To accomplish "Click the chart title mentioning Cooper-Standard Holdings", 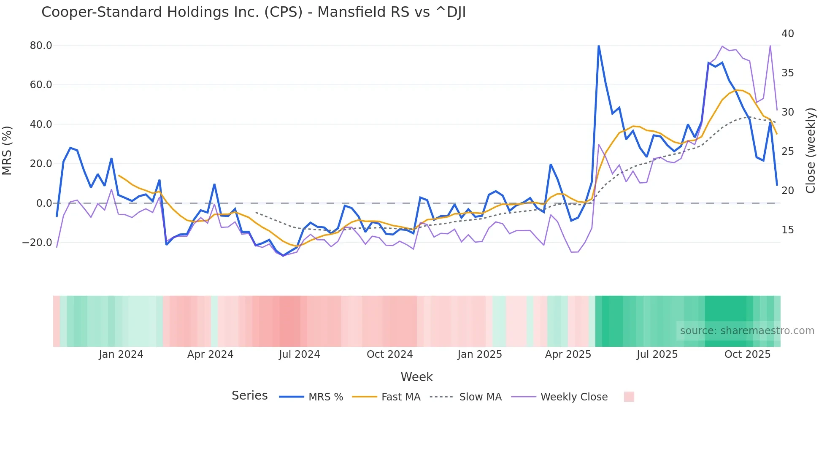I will point(253,12).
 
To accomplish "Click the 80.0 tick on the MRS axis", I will point(41,46).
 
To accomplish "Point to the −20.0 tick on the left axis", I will point(37,243).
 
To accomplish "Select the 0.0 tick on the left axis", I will point(44,203).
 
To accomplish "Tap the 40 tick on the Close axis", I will point(787,34).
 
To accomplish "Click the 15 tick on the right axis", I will point(787,230).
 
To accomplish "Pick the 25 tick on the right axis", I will point(787,151).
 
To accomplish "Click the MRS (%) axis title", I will point(7,151).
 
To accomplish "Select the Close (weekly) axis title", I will point(811,151).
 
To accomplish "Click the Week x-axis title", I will point(416,377).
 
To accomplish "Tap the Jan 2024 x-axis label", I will point(121,354).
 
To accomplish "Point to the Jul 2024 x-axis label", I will point(300,354).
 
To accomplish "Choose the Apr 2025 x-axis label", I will point(568,354).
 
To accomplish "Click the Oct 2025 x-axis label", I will point(747,354).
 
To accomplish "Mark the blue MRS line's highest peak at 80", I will point(599,46).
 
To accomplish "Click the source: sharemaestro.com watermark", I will point(747,331).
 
